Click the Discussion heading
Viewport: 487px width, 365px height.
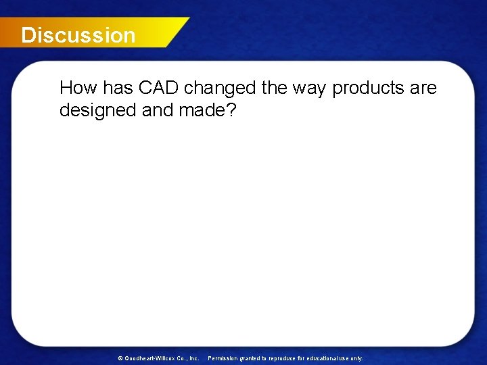click(78, 35)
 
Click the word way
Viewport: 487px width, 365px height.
click(310, 88)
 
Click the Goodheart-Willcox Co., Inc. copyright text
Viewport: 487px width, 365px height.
click(161, 358)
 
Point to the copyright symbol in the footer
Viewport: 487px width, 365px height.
click(120, 358)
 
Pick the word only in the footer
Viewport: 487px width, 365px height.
click(356, 358)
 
